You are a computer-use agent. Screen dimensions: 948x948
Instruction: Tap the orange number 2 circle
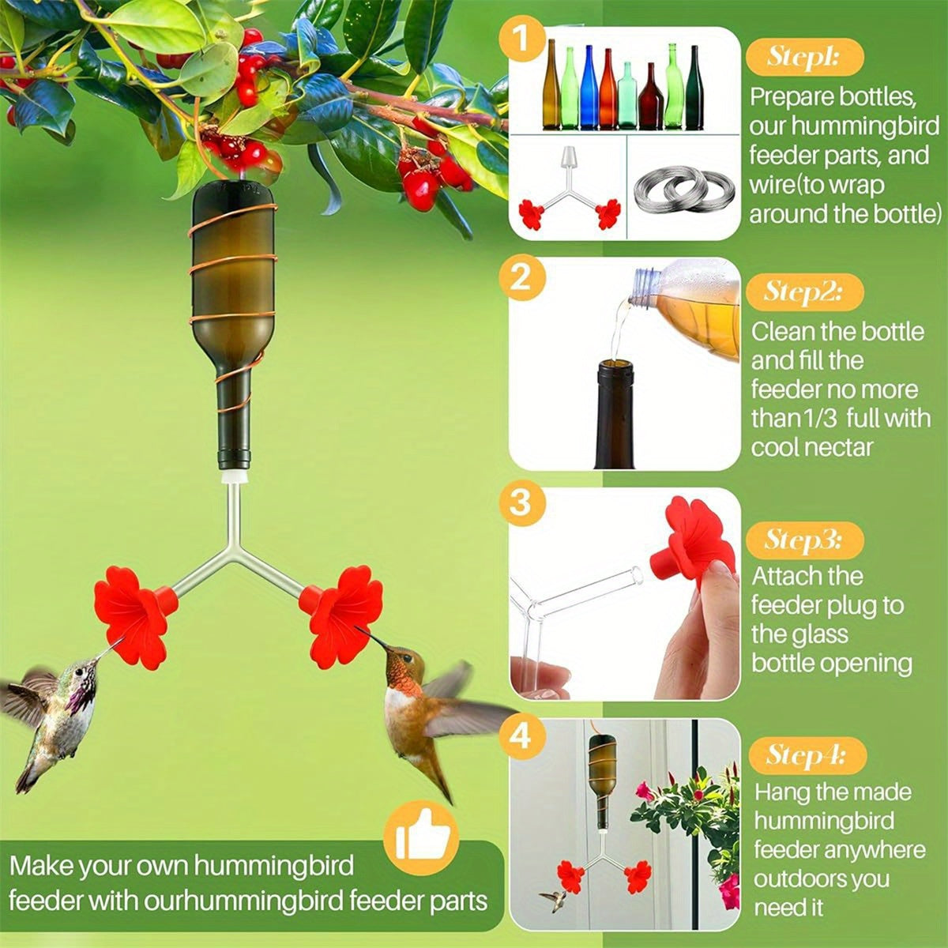pyautogui.click(x=520, y=278)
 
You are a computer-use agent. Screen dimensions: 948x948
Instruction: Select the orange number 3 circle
pyautogui.click(x=520, y=502)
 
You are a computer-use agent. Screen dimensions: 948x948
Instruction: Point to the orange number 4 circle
pyautogui.click(x=520, y=736)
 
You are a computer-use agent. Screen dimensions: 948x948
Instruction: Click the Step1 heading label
pyautogui.click(x=804, y=58)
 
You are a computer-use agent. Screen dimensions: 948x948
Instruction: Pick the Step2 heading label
pyautogui.click(x=804, y=292)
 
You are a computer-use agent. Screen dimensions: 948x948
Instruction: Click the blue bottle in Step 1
pyautogui.click(x=587, y=87)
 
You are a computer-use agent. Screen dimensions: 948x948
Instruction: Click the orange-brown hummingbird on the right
pyautogui.click(x=419, y=711)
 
